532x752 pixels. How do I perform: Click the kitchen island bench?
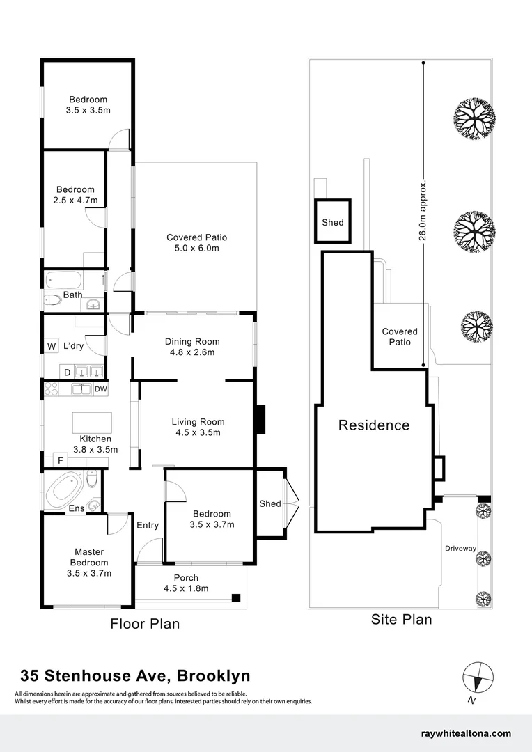pyautogui.click(x=92, y=423)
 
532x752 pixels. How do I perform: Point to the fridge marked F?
pyautogui.click(x=61, y=460)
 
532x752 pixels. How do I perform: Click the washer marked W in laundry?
pyautogui.click(x=51, y=346)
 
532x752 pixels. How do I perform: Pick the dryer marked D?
pyautogui.click(x=67, y=373)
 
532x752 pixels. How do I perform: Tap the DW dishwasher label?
pyautogui.click(x=100, y=389)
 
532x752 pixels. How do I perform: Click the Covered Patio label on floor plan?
pyautogui.click(x=196, y=243)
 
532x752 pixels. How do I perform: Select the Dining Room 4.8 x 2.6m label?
pyautogui.click(x=192, y=347)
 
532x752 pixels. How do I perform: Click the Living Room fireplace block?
pyautogui.click(x=260, y=420)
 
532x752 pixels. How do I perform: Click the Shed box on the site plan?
pyautogui.click(x=332, y=221)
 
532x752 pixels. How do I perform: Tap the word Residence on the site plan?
pyautogui.click(x=374, y=425)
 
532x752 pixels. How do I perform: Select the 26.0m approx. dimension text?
pyautogui.click(x=423, y=208)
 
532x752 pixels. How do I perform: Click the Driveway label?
pyautogui.click(x=460, y=549)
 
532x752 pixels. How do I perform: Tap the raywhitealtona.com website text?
pyautogui.click(x=466, y=733)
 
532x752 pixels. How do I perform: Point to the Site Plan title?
pyautogui.click(x=402, y=619)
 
